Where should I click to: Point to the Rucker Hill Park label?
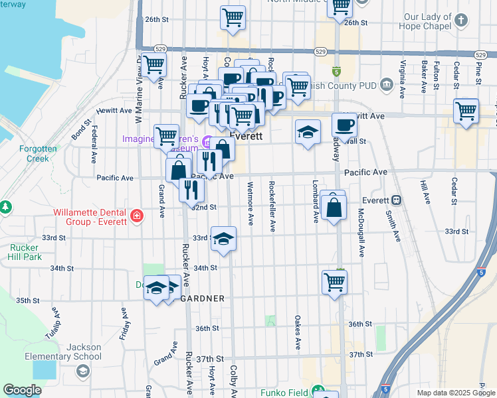pyautogui.click(x=25, y=252)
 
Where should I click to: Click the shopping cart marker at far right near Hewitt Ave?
pyautogui.click(x=466, y=111)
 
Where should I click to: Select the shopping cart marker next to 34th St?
pyautogui.click(x=335, y=281)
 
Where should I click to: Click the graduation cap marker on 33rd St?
pyautogui.click(x=224, y=239)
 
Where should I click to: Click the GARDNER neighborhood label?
pyautogui.click(x=203, y=298)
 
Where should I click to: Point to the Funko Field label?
pyautogui.click(x=284, y=393)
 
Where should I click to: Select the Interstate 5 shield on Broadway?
pyautogui.click(x=336, y=71)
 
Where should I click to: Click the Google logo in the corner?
pyautogui.click(x=22, y=390)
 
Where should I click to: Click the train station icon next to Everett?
pyautogui.click(x=396, y=200)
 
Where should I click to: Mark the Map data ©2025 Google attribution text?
pyautogui.click(x=455, y=393)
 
